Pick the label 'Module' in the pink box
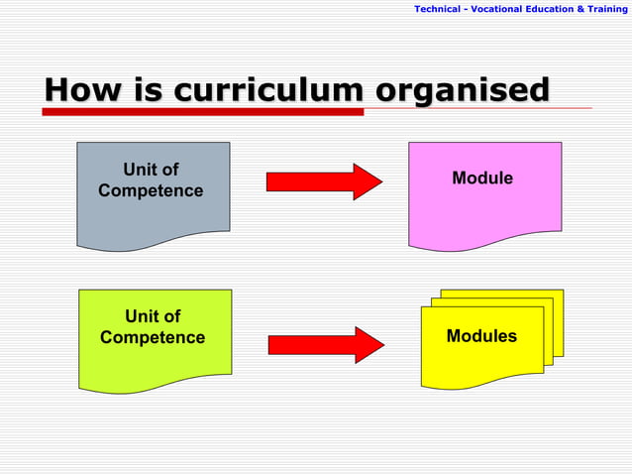click(x=482, y=178)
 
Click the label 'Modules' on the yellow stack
click(x=481, y=336)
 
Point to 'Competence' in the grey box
click(x=151, y=190)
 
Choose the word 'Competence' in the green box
click(x=153, y=338)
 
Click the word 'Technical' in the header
click(x=437, y=9)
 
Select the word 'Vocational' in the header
click(x=500, y=9)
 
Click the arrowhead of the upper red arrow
click(x=368, y=181)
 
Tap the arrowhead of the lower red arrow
click(x=369, y=345)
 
